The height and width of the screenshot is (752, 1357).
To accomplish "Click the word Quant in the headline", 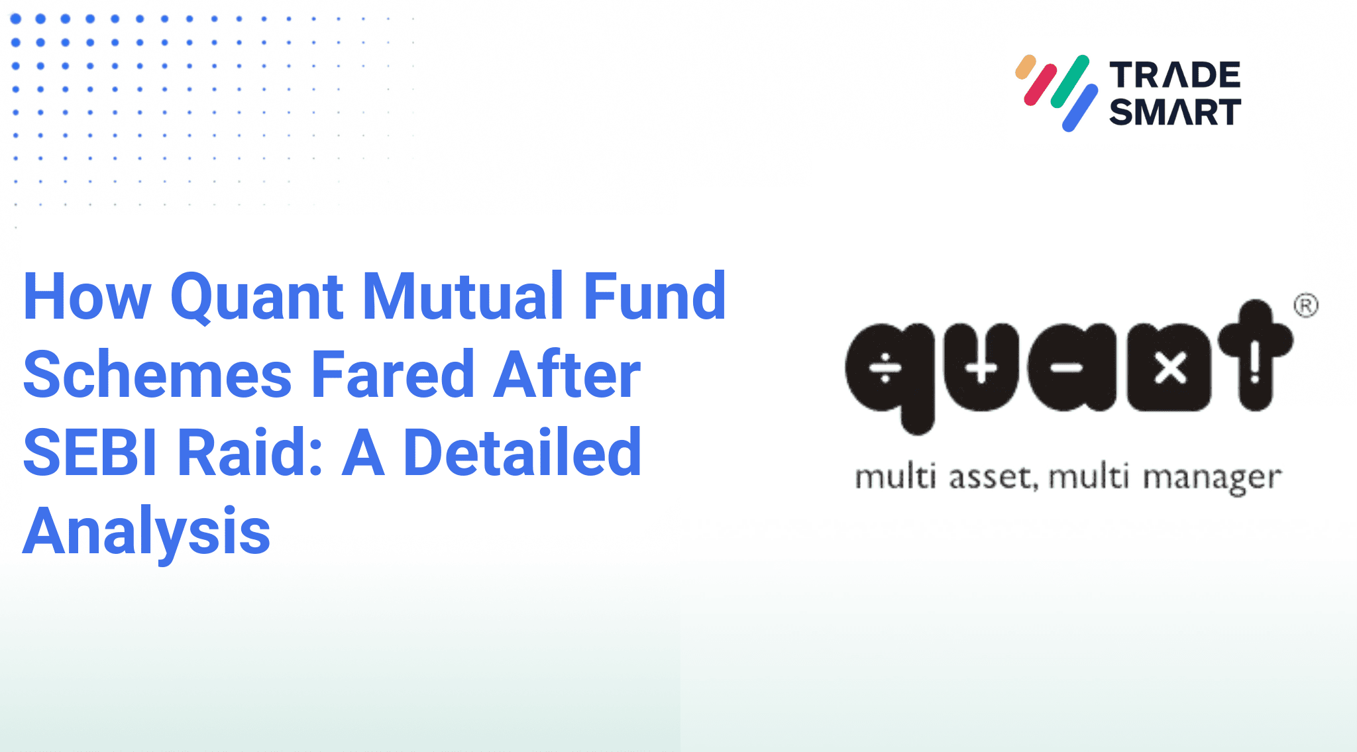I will [256, 297].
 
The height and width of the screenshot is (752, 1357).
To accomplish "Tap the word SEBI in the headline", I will [91, 453].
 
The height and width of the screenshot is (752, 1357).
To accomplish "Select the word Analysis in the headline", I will [146, 531].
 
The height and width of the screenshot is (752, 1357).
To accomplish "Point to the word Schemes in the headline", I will [157, 376].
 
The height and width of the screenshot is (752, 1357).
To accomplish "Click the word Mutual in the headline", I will [462, 296].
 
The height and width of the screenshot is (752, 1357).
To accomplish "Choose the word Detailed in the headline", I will [522, 453].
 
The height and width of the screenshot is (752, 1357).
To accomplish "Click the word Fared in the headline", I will [393, 376].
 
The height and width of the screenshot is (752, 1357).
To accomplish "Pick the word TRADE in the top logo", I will [1175, 76].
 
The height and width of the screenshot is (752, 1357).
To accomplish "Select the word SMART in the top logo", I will [1175, 112].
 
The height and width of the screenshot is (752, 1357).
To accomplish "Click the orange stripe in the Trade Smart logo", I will [1025, 67].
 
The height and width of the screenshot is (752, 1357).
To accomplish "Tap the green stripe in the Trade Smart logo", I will [1069, 81].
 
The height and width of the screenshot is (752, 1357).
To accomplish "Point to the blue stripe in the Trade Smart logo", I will [1080, 108].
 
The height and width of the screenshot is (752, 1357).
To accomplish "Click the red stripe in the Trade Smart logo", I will [1040, 85].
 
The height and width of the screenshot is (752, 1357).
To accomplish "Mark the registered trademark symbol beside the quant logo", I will [1305, 305].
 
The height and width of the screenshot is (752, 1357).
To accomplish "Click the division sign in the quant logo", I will [885, 368].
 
